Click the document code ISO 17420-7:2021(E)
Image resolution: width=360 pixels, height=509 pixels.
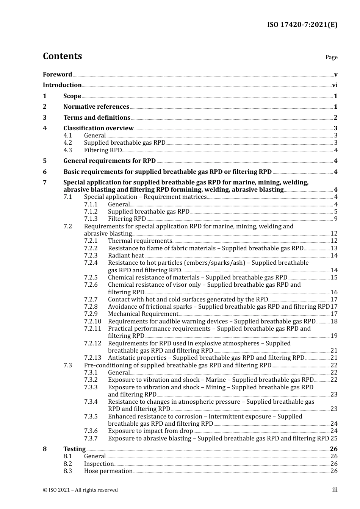click(x=302, y=25)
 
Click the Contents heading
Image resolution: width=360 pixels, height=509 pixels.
click(x=62, y=56)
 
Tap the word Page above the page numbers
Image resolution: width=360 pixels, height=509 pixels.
click(x=331, y=57)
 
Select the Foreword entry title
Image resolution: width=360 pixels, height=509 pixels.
click(x=57, y=75)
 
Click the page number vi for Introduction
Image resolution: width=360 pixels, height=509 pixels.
click(x=335, y=85)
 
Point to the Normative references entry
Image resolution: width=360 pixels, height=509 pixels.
click(x=96, y=107)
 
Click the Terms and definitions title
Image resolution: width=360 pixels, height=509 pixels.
click(x=97, y=118)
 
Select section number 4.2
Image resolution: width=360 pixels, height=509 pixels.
click(x=67, y=143)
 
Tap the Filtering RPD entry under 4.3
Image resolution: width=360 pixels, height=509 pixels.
click(x=103, y=150)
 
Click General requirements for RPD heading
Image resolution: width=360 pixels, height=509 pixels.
click(x=110, y=161)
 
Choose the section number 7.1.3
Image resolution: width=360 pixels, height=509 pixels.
click(x=91, y=219)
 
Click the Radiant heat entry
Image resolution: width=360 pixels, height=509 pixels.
click(x=126, y=256)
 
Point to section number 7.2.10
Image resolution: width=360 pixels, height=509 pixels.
click(x=92, y=322)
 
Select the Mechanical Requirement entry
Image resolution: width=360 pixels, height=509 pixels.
click(x=143, y=314)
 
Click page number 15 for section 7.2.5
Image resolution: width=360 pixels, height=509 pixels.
click(x=334, y=278)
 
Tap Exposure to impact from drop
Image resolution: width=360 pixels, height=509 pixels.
click(x=150, y=431)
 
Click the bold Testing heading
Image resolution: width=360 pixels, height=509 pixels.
click(x=74, y=449)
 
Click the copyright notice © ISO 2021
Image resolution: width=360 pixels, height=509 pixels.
click(x=80, y=490)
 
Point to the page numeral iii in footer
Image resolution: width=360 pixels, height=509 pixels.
click(x=335, y=490)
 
